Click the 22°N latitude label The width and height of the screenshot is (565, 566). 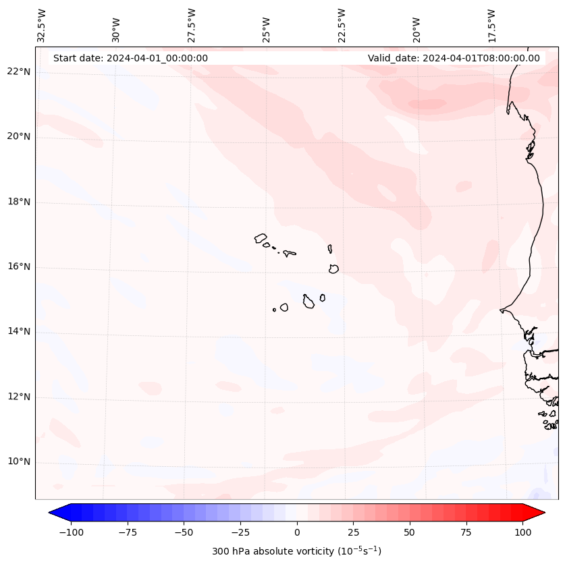click(19, 72)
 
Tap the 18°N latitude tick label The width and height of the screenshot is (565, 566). click(19, 202)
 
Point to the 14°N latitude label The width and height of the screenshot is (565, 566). click(19, 331)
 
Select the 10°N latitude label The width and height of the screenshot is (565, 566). click(19, 461)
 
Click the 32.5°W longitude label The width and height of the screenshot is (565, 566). click(42, 26)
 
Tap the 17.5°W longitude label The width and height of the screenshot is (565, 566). click(491, 26)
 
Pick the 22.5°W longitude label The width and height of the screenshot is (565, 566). click(342, 26)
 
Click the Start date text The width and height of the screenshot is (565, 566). click(130, 58)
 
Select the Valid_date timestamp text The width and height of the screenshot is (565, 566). click(454, 58)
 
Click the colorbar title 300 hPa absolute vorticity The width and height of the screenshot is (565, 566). click(296, 551)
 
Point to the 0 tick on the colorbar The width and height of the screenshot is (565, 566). click(297, 532)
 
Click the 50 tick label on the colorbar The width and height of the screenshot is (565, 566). click(410, 532)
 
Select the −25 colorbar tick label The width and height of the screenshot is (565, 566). click(240, 532)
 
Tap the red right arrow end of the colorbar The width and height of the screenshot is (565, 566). click(534, 513)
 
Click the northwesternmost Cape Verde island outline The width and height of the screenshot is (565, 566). click(261, 238)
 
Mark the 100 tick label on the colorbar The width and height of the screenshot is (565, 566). click(522, 532)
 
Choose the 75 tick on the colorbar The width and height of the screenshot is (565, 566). click(466, 532)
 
